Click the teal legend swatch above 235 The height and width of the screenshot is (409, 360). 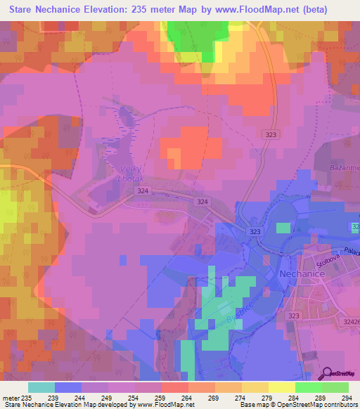click(41, 387)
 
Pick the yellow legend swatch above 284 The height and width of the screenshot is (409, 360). click(282, 387)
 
